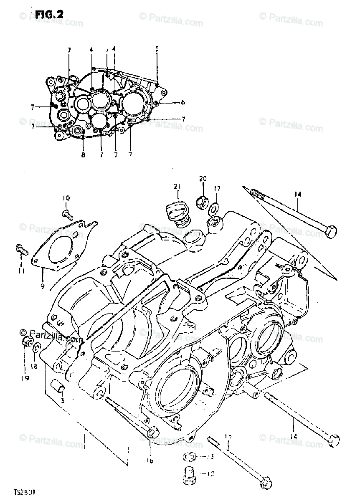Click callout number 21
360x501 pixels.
point(176,186)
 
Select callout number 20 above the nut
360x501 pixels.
point(203,179)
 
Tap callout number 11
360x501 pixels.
point(21,271)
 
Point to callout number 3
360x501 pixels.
point(63,401)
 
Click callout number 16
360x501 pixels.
point(150,461)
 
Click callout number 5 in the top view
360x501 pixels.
point(157,48)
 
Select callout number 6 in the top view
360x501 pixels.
point(183,102)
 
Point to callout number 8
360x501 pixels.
point(83,154)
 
